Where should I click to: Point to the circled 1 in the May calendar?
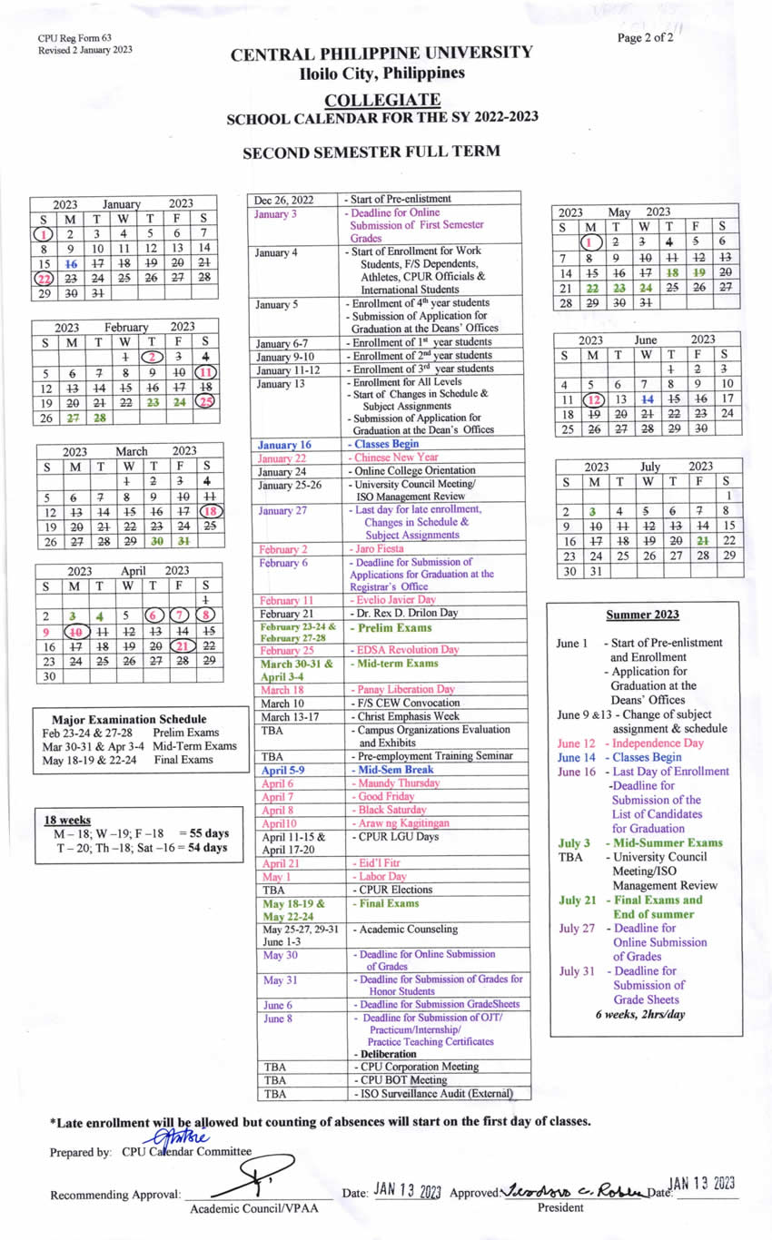(x=591, y=242)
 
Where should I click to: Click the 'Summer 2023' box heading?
(x=642, y=615)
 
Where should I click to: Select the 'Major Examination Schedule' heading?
(x=128, y=719)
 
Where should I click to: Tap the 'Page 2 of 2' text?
(x=645, y=38)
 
